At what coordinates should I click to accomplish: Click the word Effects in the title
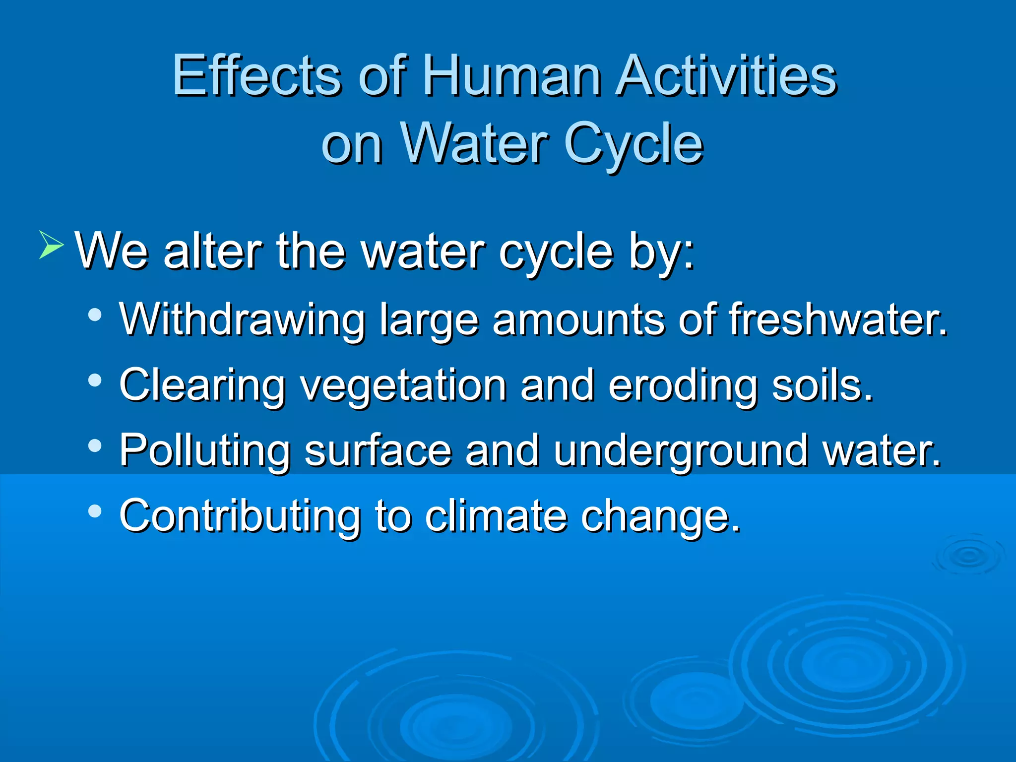[256, 75]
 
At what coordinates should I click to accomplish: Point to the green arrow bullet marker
[51, 245]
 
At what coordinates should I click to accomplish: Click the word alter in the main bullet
[212, 251]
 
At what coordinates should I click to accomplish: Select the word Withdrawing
[242, 320]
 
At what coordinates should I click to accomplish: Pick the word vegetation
[403, 386]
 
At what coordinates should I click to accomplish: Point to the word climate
[496, 515]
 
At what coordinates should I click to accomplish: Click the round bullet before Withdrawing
[94, 315]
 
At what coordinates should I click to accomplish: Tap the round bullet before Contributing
[94, 511]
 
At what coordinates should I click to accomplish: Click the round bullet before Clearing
[94, 381]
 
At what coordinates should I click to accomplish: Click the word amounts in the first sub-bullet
[578, 320]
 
